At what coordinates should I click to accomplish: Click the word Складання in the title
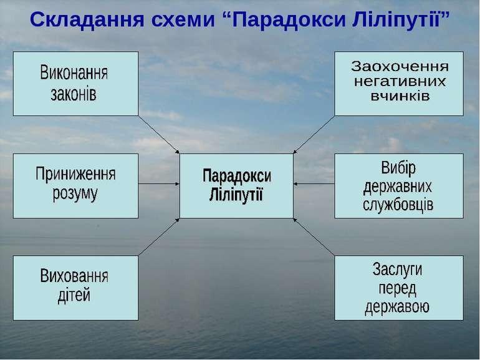tap(87, 20)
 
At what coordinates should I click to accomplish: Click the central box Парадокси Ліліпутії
tap(236, 186)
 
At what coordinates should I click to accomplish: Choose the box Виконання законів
tap(75, 84)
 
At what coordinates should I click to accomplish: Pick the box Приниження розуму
tap(75, 186)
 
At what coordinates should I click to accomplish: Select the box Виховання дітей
tap(75, 288)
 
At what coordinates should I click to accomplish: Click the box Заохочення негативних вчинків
tap(399, 84)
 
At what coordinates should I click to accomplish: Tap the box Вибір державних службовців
tap(399, 186)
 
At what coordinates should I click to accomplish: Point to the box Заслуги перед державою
tap(399, 288)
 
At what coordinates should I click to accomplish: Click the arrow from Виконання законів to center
tap(159, 135)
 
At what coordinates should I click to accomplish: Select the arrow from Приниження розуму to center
tap(159, 184)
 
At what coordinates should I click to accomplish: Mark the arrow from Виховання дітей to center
tap(159, 237)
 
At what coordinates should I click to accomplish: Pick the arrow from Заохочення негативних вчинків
tap(314, 135)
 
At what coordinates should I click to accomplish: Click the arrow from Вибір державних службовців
tap(314, 184)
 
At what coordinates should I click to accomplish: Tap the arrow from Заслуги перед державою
tap(314, 237)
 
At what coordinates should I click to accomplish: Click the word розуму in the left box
tap(75, 194)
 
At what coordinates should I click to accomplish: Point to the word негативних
tap(400, 82)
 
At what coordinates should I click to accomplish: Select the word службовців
tap(398, 204)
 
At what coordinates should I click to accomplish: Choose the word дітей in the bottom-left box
tap(74, 295)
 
